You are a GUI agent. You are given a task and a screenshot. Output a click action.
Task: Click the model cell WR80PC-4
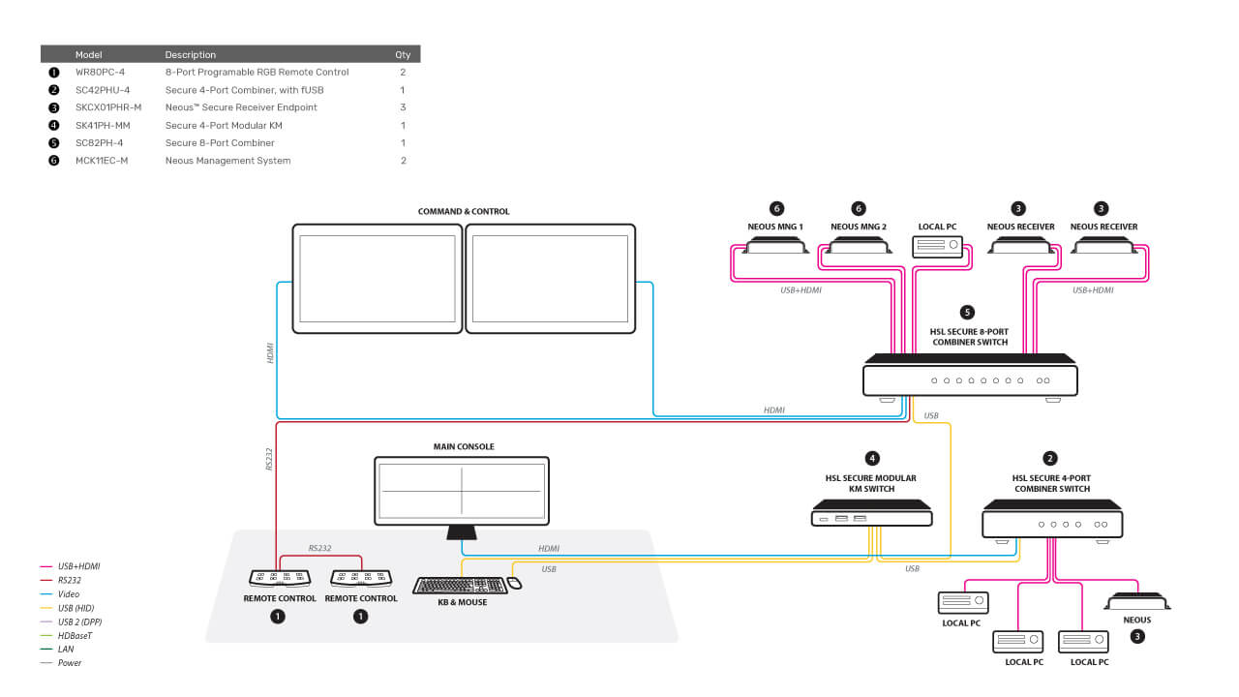click(100, 72)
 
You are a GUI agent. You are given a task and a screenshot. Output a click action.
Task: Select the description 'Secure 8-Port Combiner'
click(220, 142)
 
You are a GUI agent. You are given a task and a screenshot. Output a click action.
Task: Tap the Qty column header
click(403, 55)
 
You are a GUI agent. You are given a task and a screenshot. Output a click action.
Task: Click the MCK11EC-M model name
click(102, 161)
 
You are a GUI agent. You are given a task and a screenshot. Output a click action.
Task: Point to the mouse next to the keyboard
click(514, 583)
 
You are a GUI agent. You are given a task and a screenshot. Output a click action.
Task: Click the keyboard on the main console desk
click(460, 586)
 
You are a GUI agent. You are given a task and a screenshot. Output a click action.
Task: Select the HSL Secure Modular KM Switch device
click(872, 513)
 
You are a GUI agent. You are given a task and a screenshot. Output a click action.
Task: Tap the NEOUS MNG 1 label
click(775, 227)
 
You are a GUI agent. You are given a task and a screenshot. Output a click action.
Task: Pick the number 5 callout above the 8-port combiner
click(967, 313)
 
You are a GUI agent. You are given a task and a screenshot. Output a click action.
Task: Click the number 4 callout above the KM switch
click(872, 459)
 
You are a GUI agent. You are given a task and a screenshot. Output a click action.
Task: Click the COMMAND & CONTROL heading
click(464, 211)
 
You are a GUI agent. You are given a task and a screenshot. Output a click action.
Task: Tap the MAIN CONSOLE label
click(464, 446)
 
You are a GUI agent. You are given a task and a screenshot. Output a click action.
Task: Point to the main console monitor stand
click(462, 532)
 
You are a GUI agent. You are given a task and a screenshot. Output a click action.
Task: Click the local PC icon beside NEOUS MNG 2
click(938, 246)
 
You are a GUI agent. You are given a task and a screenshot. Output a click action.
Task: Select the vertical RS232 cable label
click(269, 459)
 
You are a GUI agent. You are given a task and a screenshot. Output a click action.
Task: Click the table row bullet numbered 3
click(53, 107)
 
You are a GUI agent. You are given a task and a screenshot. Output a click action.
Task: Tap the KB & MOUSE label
click(463, 602)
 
